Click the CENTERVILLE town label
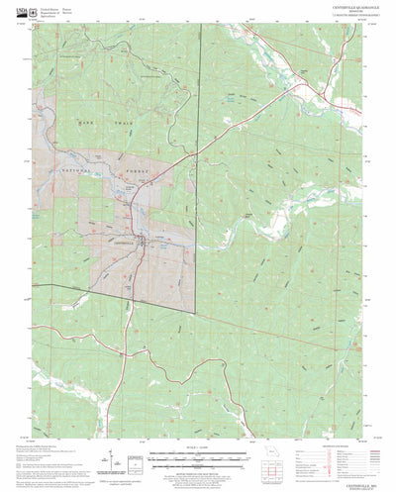click(118, 241)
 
